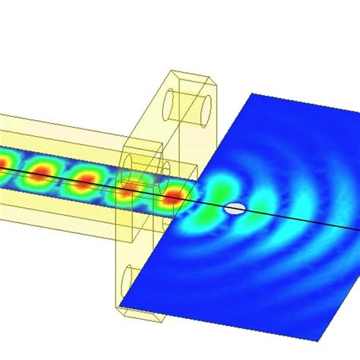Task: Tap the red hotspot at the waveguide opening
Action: point(174,197)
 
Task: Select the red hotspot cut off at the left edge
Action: point(4,160)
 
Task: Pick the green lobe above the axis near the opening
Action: point(220,185)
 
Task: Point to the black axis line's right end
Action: point(358,232)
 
